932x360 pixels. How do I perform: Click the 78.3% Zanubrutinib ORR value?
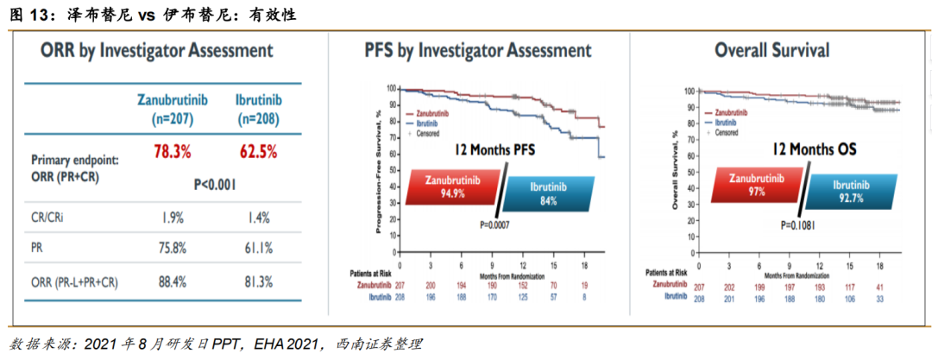coord(171,152)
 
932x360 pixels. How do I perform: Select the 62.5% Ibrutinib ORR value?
coord(258,152)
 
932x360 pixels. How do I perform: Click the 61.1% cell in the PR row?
coord(258,248)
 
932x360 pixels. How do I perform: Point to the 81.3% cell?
coord(258,281)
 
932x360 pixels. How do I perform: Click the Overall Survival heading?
coord(771,51)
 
